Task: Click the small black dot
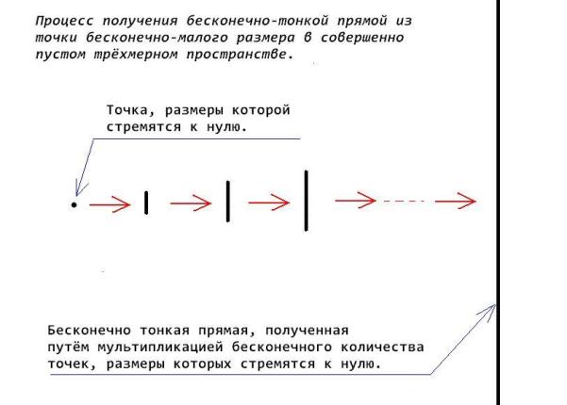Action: (x=74, y=205)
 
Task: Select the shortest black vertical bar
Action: (x=146, y=202)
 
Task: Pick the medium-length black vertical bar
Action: (x=227, y=202)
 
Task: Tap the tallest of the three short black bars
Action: (x=306, y=201)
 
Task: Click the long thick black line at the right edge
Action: (x=498, y=202)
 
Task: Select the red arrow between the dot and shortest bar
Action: (x=109, y=204)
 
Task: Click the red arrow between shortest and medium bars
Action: (x=191, y=203)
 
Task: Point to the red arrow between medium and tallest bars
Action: (x=269, y=202)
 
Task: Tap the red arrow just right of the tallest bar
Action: (x=356, y=201)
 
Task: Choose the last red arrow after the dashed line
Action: (x=456, y=201)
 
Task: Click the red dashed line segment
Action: (x=404, y=201)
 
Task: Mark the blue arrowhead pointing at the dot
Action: (x=81, y=188)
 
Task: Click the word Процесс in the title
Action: (x=64, y=21)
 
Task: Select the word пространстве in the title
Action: (x=237, y=55)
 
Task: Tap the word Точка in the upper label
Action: (x=127, y=110)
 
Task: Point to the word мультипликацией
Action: (x=160, y=348)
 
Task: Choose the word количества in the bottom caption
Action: (x=382, y=348)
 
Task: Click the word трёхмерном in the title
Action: (x=136, y=55)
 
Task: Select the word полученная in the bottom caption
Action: (x=307, y=331)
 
